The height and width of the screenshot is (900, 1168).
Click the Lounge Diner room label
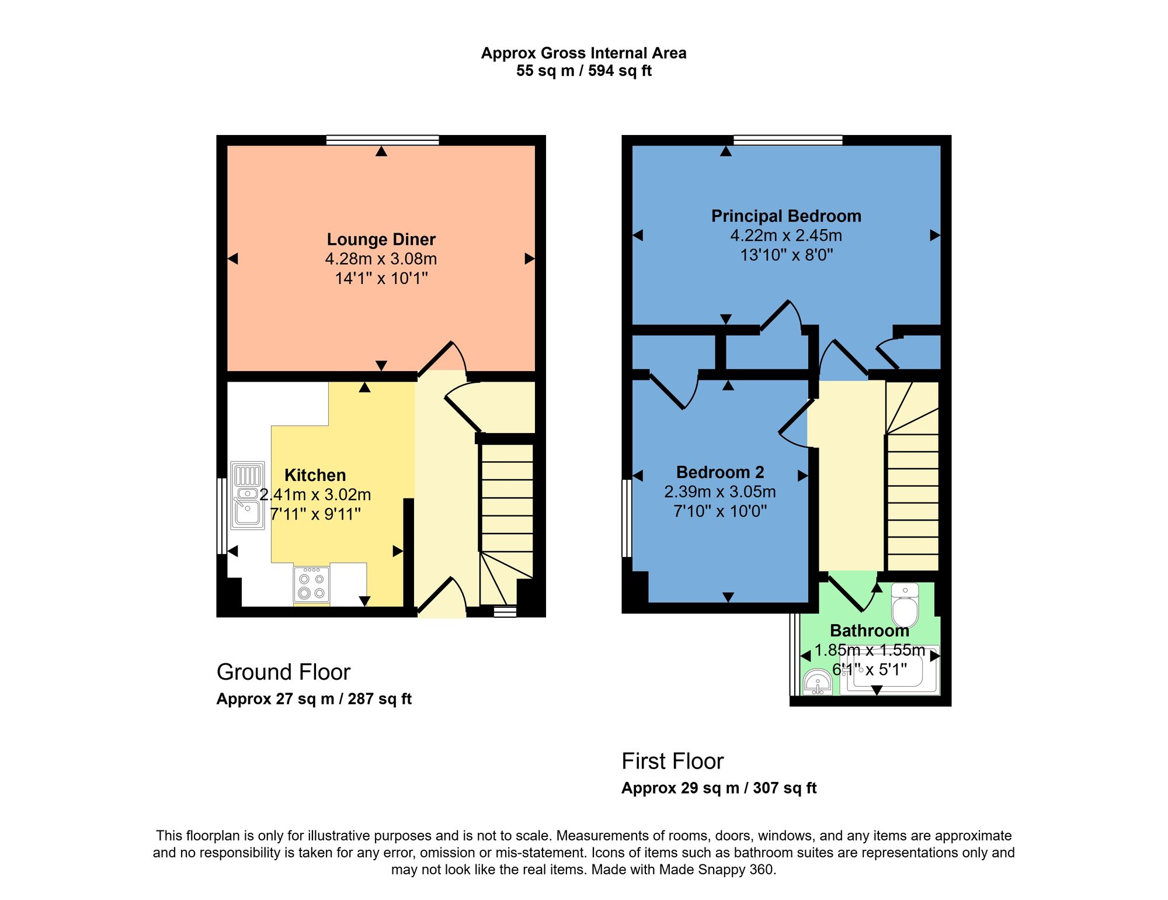pos(381,240)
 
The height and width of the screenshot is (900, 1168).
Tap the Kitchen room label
pos(315,475)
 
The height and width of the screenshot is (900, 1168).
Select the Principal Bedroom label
pos(786,216)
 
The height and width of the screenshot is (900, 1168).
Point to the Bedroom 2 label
pos(719,472)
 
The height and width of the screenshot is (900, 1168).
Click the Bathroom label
pos(869,631)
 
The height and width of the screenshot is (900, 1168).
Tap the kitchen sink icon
pos(248,496)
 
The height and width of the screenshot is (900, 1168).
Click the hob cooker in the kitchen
pos(311,585)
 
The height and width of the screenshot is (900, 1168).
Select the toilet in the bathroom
pos(905,605)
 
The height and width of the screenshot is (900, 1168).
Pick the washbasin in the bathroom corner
pos(818,683)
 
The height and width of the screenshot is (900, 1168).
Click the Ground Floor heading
pos(283,672)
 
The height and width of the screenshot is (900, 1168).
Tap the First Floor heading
pos(672,761)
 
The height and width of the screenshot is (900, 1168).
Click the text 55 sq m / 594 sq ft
pos(583,71)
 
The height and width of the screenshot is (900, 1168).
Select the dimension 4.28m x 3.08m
pos(381,259)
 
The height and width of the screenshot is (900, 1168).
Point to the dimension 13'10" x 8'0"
pos(786,255)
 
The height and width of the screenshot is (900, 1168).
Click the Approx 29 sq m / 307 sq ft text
pos(718,788)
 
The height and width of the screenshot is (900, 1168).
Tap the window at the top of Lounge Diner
pos(382,140)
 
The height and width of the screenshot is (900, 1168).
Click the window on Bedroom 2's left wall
pos(627,518)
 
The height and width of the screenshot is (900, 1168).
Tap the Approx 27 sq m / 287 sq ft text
pos(314,700)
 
